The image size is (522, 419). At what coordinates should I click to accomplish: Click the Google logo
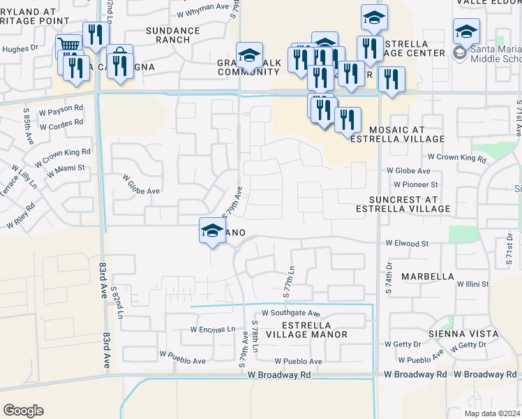[22, 411]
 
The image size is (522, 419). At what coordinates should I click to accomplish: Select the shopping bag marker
[120, 56]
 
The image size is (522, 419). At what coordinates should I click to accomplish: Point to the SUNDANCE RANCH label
[168, 35]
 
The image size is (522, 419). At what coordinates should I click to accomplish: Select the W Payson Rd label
[61, 110]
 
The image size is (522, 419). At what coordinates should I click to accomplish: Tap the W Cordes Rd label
[62, 126]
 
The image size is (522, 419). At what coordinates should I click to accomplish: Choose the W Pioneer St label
[416, 184]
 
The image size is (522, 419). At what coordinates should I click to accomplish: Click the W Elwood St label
[407, 244]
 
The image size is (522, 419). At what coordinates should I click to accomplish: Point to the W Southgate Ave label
[291, 314]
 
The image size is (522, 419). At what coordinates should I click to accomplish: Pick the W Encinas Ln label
[213, 330]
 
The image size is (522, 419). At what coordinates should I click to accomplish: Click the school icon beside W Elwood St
[211, 231]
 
